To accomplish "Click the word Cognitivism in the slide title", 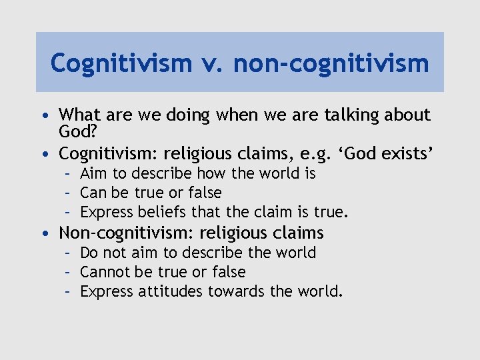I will click(x=120, y=63).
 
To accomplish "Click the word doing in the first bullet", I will click(x=185, y=115).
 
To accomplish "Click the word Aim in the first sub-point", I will click(x=91, y=174).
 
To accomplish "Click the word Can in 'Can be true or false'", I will click(x=91, y=193).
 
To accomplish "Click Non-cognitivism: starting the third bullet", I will click(x=127, y=233).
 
